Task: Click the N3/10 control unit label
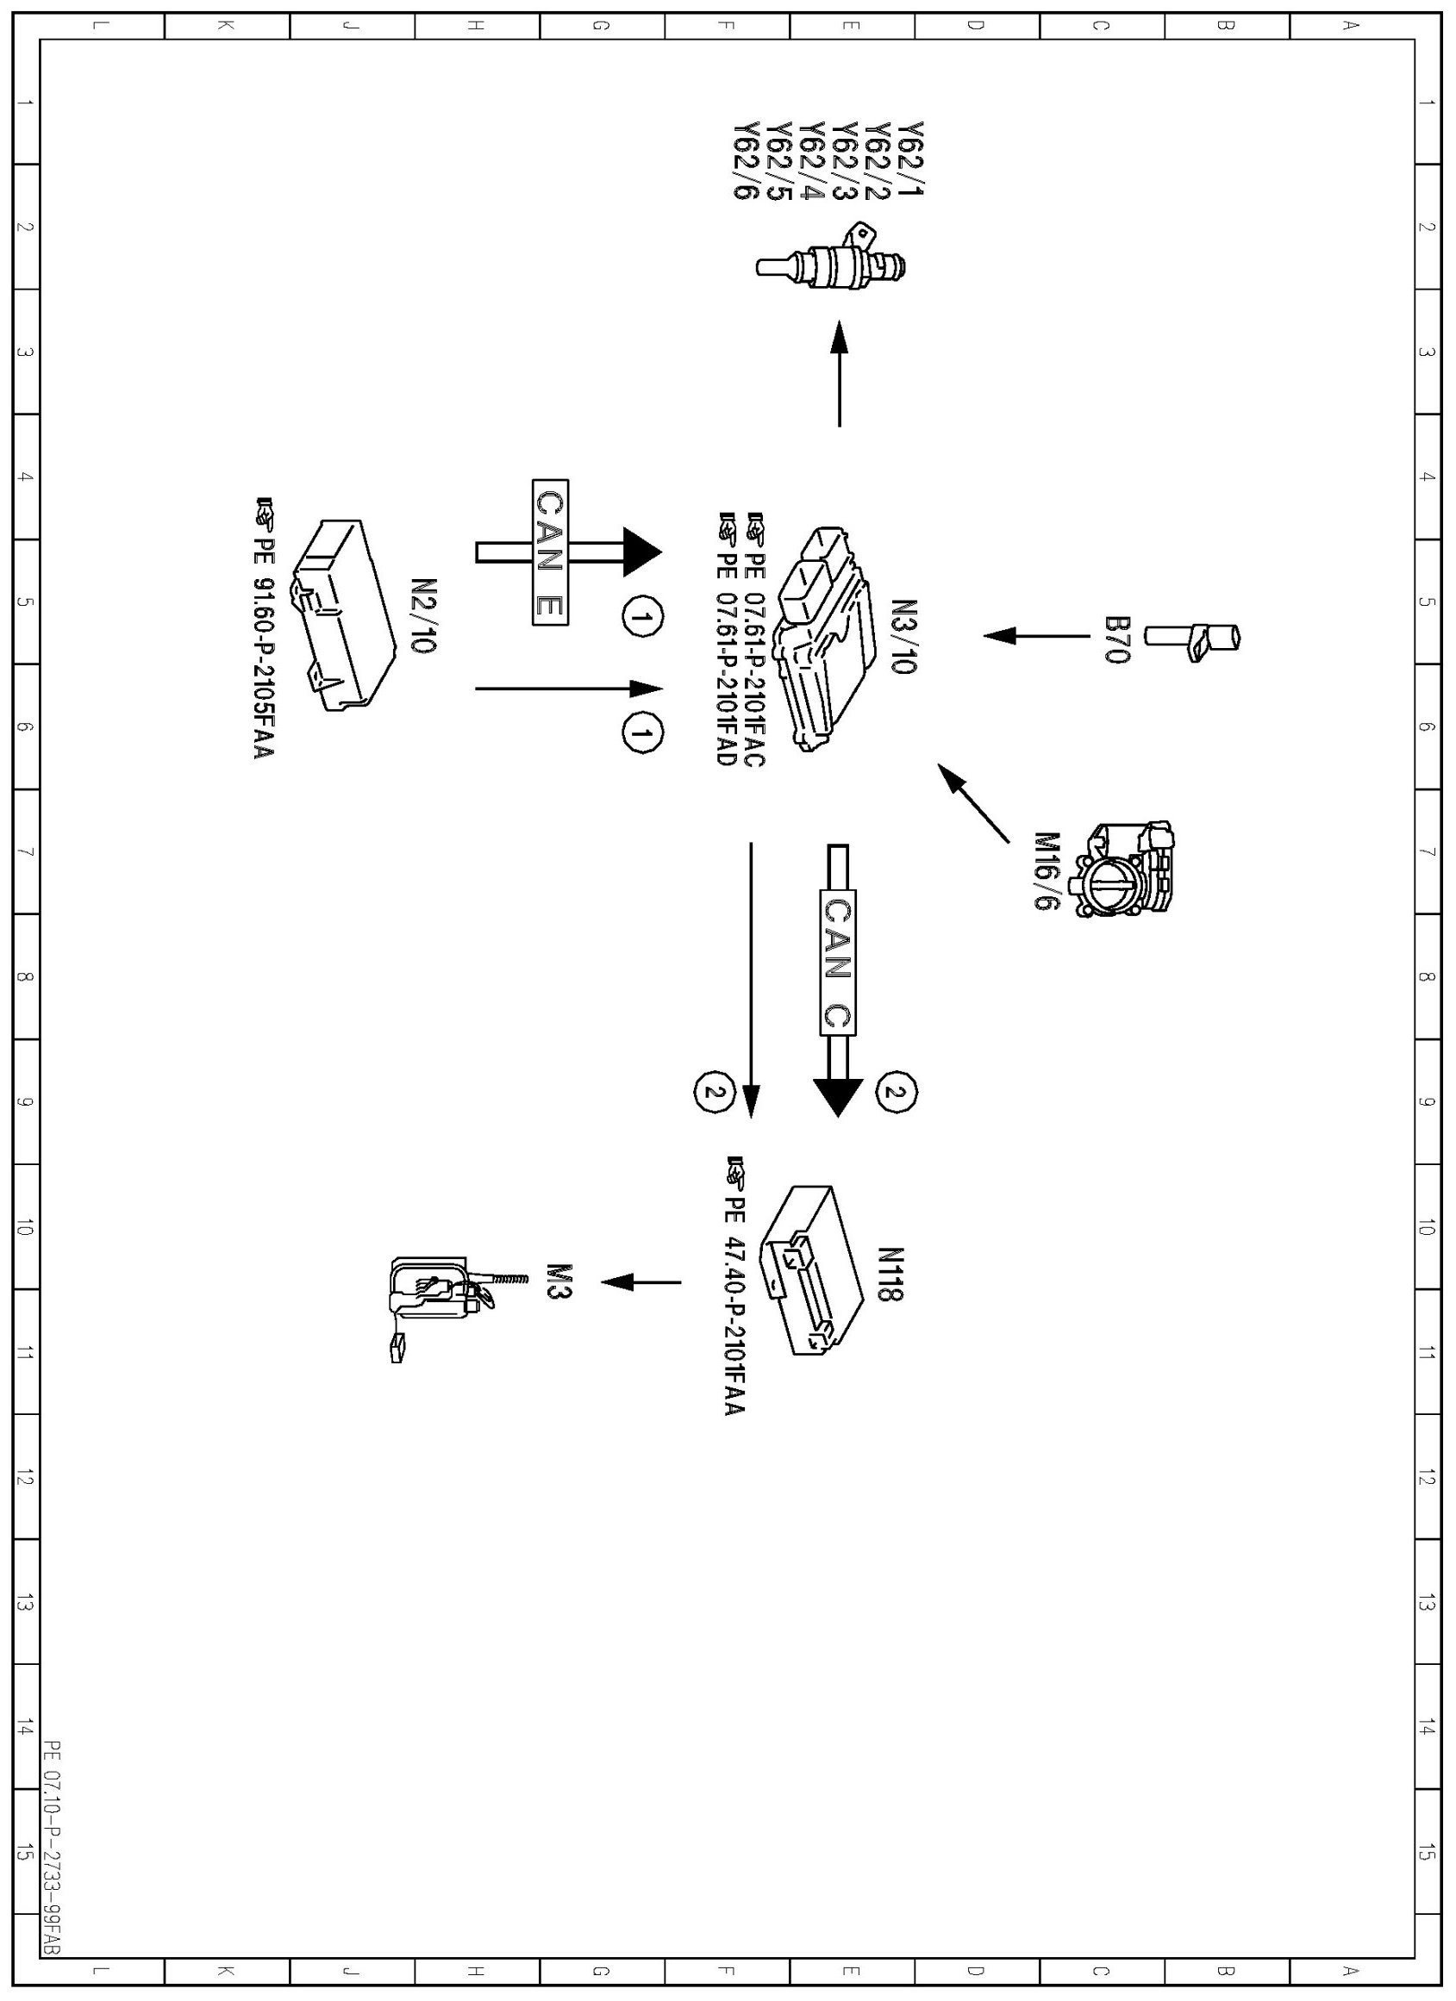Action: coord(904,636)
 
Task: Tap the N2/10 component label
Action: coord(423,615)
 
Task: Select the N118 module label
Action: coord(890,1274)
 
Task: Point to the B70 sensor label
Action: coord(1115,639)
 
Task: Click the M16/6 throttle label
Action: coord(1047,870)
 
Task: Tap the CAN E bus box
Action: coord(550,552)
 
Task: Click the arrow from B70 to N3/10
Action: coord(1037,635)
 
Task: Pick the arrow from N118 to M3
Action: coord(641,1282)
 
